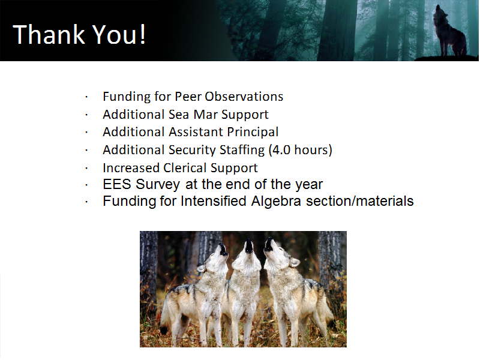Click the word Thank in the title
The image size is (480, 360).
coord(49,34)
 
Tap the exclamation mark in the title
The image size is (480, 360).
coord(143,34)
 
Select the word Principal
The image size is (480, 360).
coord(253,132)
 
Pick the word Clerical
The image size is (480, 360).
coord(185,168)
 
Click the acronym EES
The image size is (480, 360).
coord(117,184)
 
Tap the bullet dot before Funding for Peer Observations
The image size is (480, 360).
coord(86,97)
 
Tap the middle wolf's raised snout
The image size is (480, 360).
coord(248,246)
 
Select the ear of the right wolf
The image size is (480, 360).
coord(295,262)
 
